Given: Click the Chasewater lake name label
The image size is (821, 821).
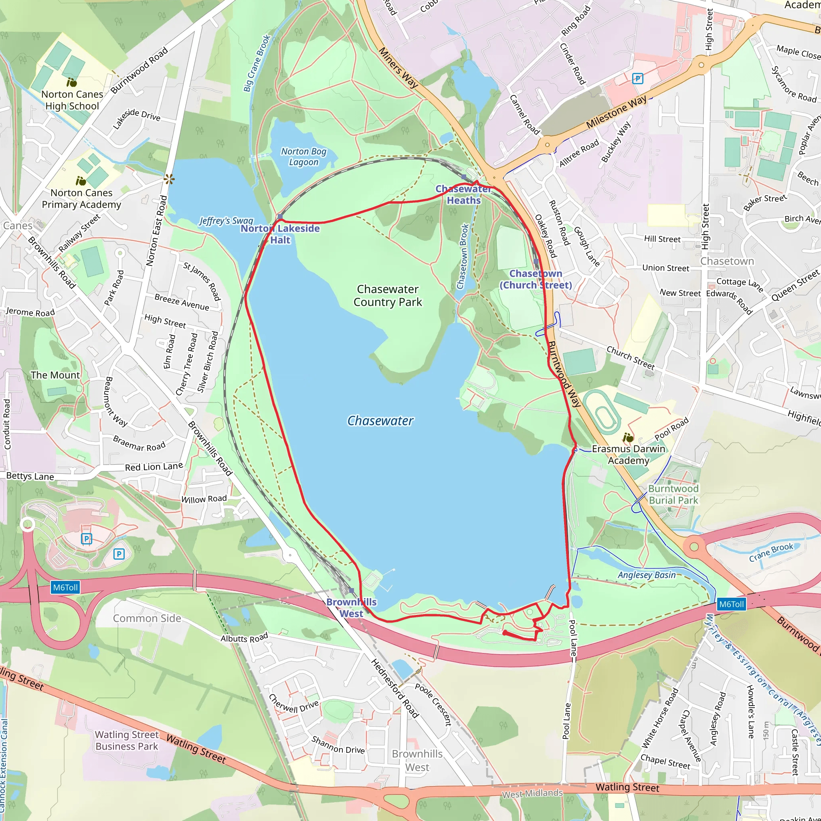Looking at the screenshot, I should (380, 421).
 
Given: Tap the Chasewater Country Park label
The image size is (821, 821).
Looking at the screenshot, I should (388, 295).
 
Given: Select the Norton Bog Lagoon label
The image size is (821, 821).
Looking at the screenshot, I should (303, 157).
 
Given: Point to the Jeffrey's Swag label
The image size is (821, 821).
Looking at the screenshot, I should (226, 220).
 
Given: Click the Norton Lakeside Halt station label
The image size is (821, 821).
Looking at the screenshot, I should (280, 234).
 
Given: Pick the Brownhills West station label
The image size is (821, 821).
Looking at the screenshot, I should (352, 608).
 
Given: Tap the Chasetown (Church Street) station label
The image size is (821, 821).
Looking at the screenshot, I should (536, 279).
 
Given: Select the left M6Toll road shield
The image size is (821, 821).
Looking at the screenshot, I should (65, 588).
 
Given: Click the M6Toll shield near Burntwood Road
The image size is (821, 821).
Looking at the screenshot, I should (731, 604).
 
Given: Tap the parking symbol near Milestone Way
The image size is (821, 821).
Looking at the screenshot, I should (637, 79).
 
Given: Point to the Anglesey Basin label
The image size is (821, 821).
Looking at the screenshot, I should (646, 575).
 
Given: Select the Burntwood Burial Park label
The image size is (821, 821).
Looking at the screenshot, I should (673, 494).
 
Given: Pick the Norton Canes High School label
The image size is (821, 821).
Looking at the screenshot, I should (72, 100).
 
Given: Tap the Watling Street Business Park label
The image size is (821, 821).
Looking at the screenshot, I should (127, 740).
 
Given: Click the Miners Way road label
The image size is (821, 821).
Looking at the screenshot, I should (398, 68).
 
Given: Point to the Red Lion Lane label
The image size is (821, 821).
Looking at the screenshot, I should (154, 467).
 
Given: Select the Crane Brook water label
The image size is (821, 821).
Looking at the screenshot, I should (771, 552).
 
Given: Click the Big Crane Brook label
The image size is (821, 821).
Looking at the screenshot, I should (257, 64).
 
